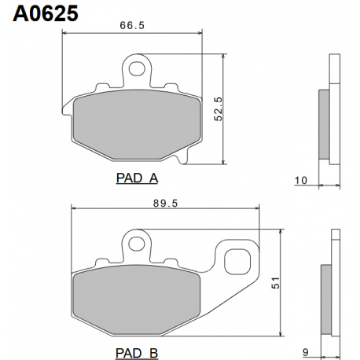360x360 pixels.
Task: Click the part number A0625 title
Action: click(46, 13)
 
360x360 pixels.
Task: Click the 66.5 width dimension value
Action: click(132, 25)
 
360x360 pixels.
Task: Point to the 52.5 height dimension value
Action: click(218, 109)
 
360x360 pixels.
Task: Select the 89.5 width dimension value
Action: click(165, 204)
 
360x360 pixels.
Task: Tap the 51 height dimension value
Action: click(275, 283)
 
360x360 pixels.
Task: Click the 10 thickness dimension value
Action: click(301, 181)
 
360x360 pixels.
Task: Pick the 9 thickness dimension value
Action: click(306, 352)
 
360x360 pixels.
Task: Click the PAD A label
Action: click(137, 178)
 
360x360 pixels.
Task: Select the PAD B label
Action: click(137, 353)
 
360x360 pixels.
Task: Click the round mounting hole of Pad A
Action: click(137, 68)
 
